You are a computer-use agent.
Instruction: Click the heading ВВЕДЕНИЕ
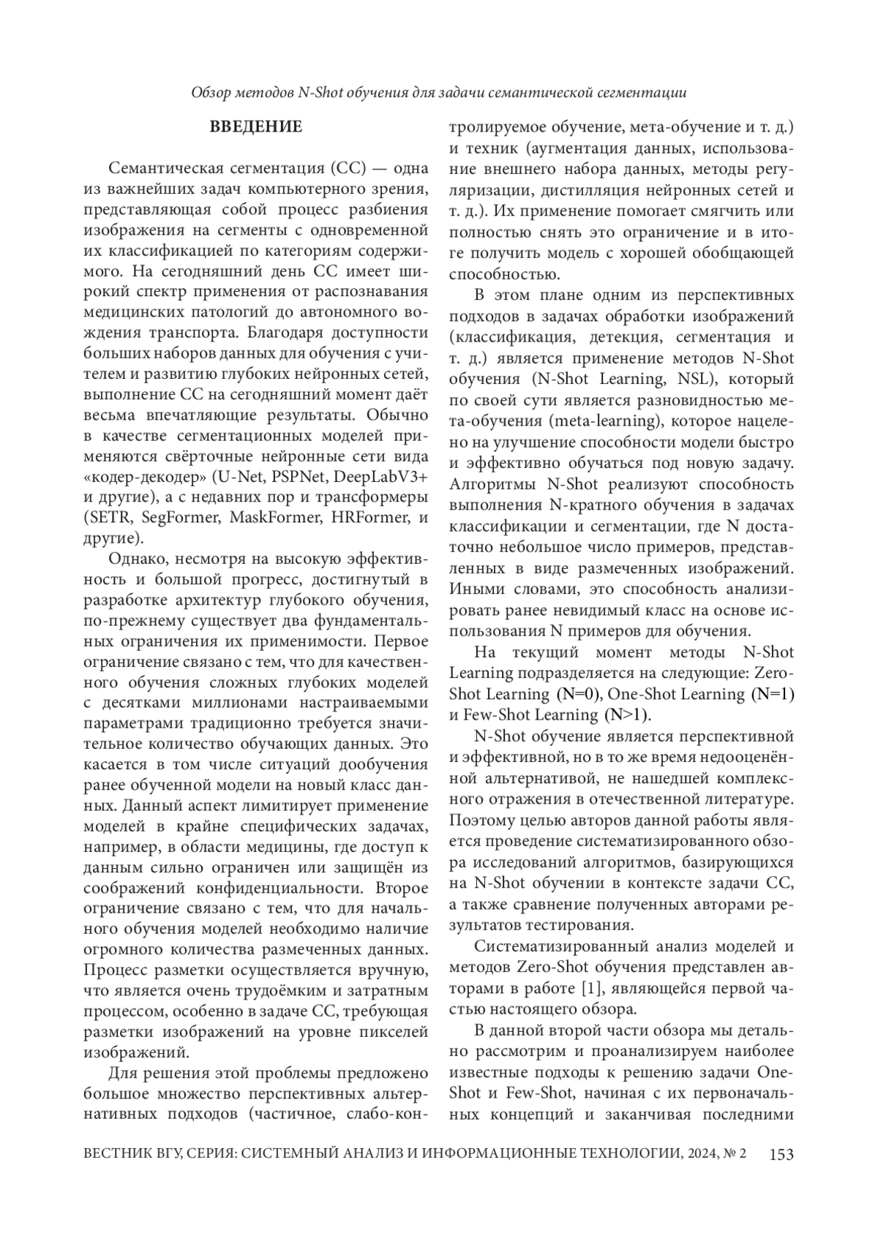pyautogui.click(x=255, y=127)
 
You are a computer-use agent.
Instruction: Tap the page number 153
pyautogui.click(x=781, y=1155)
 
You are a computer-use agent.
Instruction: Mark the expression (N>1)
pyautogui.click(x=626, y=714)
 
